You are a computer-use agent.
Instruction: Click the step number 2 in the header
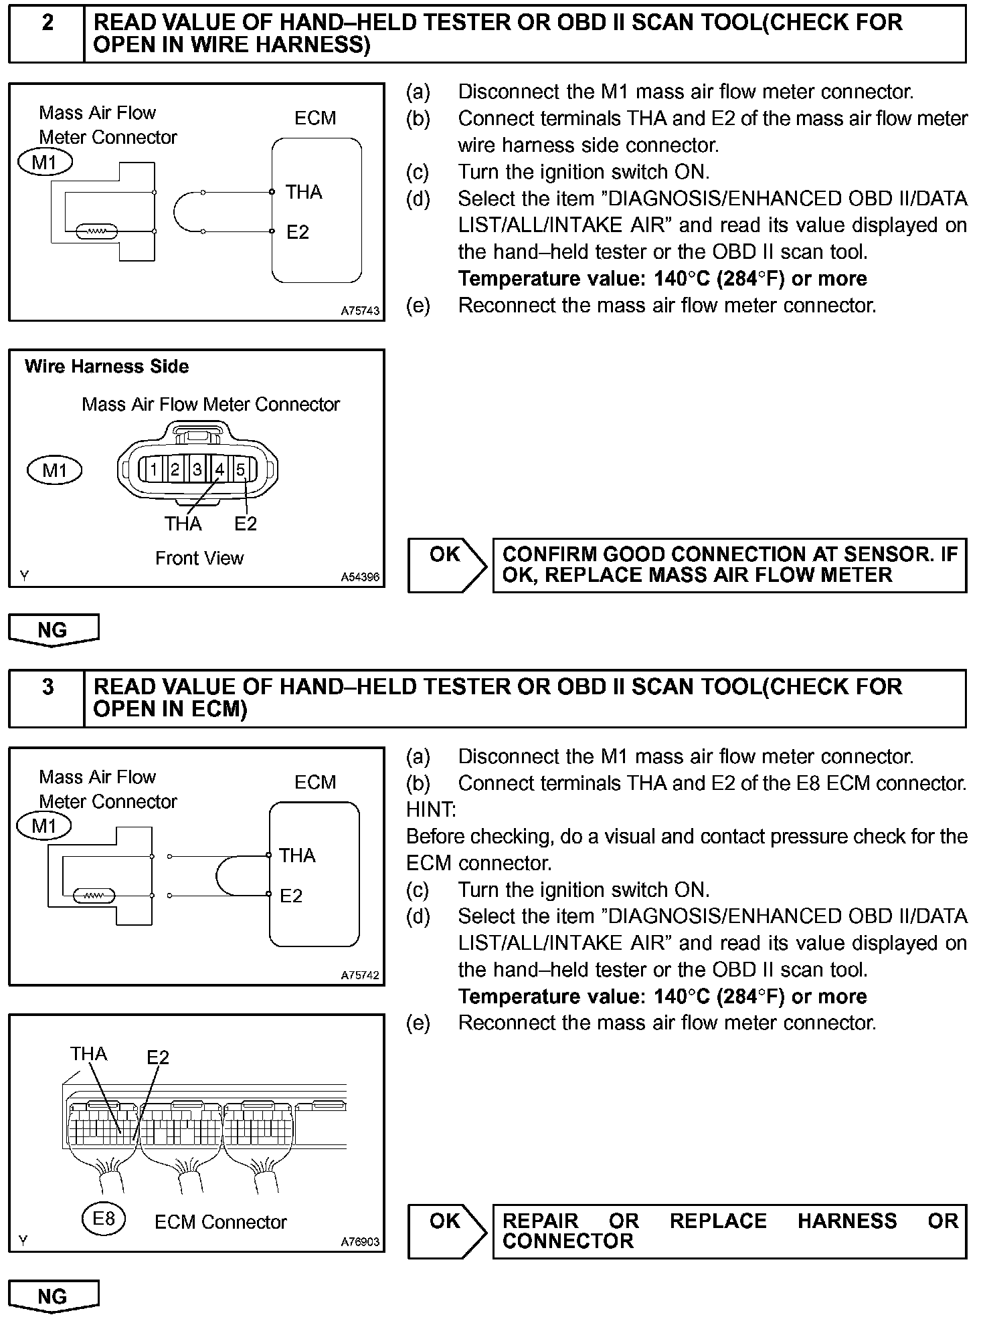tap(48, 23)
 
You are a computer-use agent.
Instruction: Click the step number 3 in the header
tap(48, 688)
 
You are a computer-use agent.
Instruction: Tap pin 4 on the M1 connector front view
tap(219, 470)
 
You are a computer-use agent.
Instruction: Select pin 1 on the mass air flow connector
tap(153, 470)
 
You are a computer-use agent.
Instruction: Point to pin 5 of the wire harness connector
tap(241, 470)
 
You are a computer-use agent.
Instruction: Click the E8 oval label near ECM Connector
tap(103, 1218)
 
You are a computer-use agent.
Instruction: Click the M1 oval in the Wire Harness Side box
tap(54, 470)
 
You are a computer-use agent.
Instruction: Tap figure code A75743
tap(360, 311)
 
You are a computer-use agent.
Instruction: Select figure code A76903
tap(360, 1242)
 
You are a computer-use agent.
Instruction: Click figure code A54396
tap(360, 577)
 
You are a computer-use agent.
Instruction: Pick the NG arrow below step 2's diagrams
tap(53, 631)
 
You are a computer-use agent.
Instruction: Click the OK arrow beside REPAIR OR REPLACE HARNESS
tap(447, 1231)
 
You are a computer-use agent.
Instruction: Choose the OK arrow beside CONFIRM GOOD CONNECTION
tap(447, 565)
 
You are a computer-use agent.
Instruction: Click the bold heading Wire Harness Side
tap(106, 367)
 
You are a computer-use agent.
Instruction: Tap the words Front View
tap(199, 558)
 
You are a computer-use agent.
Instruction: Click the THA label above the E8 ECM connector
tap(88, 1054)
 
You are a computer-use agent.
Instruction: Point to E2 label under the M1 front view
tap(246, 524)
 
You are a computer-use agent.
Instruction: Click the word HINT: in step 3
tap(431, 810)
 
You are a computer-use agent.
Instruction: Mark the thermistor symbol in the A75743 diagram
tap(98, 231)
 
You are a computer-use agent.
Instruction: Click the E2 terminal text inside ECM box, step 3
tap(291, 896)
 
